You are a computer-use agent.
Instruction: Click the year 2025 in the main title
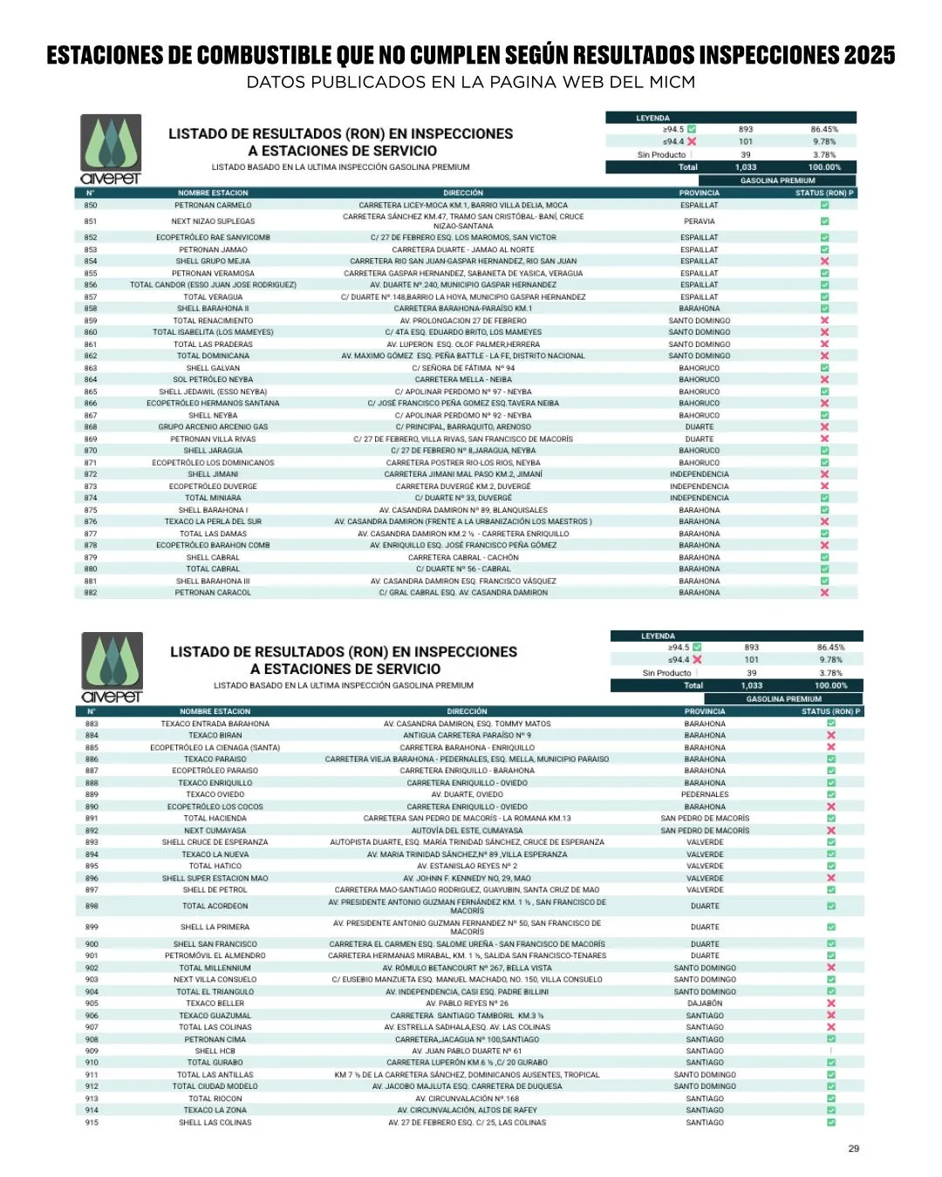click(x=869, y=55)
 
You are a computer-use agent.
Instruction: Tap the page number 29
click(x=853, y=1148)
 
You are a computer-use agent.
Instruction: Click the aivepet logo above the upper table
click(x=111, y=149)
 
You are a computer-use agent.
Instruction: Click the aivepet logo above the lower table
click(x=112, y=667)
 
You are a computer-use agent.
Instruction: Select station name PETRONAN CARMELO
click(x=213, y=206)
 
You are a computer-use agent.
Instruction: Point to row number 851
click(x=91, y=221)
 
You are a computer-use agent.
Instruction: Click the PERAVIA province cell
click(x=700, y=221)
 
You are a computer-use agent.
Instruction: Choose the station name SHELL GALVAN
click(x=213, y=368)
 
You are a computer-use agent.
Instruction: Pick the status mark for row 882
click(x=824, y=593)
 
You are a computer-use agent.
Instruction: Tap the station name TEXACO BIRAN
click(x=215, y=736)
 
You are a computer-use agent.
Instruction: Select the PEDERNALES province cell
click(x=705, y=794)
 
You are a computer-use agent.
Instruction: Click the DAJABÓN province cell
click(x=705, y=1004)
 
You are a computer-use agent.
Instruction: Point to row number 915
click(x=92, y=1123)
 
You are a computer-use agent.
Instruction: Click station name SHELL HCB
click(x=215, y=1051)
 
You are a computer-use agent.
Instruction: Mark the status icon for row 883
click(x=830, y=724)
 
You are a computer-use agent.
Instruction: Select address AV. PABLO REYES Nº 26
click(x=467, y=1004)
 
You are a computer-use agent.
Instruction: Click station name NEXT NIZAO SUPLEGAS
click(x=213, y=221)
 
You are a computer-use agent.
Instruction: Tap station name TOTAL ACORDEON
click(x=215, y=907)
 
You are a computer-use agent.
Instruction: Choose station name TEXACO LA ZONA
click(x=215, y=1111)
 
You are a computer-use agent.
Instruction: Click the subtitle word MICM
click(x=672, y=82)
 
